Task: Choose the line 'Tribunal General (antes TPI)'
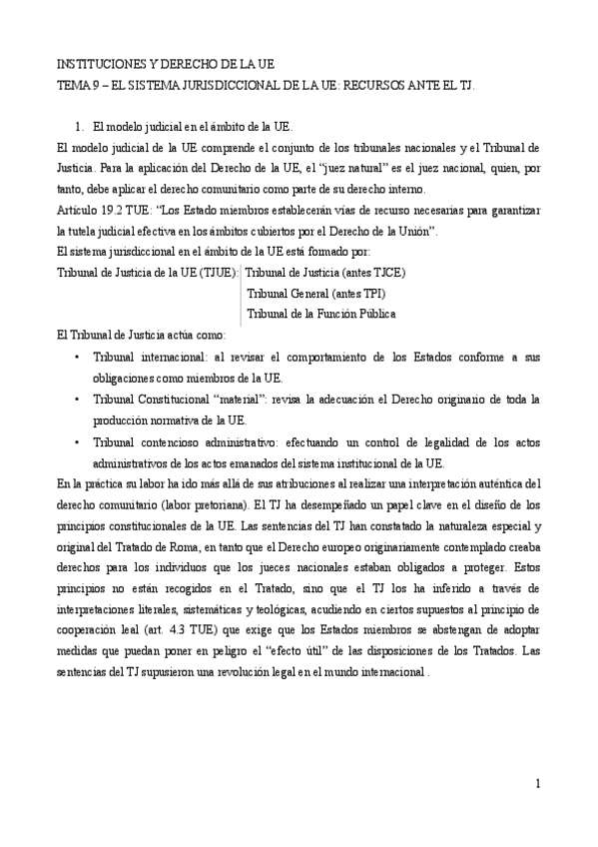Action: [x=315, y=293]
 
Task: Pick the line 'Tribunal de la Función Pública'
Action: [x=320, y=314]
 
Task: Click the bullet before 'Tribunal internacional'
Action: [x=77, y=357]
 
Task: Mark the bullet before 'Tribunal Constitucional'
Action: [x=77, y=400]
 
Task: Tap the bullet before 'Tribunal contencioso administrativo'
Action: [x=77, y=441]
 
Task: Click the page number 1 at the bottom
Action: [x=537, y=783]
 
